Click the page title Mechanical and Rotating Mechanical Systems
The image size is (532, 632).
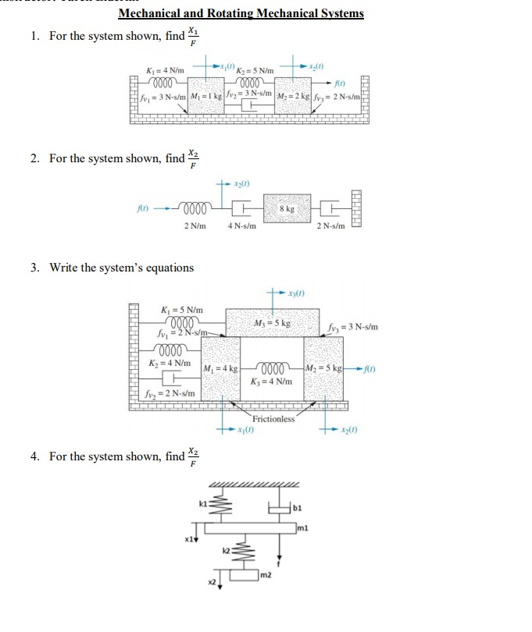[241, 13]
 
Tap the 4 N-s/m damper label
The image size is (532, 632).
[242, 226]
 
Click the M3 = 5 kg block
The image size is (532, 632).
[273, 323]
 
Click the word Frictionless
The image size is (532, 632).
[273, 418]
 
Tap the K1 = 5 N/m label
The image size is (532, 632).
[181, 311]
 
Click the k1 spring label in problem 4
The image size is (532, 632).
[202, 506]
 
